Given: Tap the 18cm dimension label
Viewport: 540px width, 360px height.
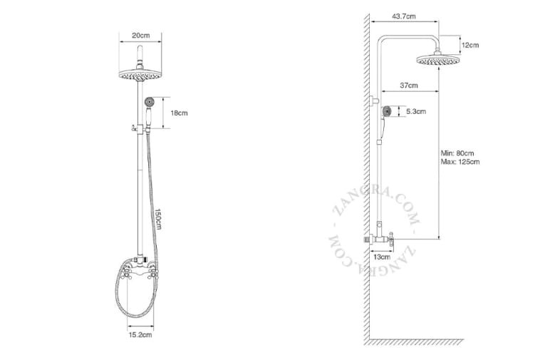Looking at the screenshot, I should [179, 113].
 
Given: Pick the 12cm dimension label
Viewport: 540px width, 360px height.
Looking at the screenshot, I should [470, 45].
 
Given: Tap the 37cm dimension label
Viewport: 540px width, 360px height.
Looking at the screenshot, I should [408, 85].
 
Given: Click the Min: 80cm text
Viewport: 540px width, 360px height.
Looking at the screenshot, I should [457, 153].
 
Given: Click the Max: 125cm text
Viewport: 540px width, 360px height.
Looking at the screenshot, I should [460, 162].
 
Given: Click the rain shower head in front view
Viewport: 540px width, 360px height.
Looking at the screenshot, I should [140, 73].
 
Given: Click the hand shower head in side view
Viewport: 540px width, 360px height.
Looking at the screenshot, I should [385, 111].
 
